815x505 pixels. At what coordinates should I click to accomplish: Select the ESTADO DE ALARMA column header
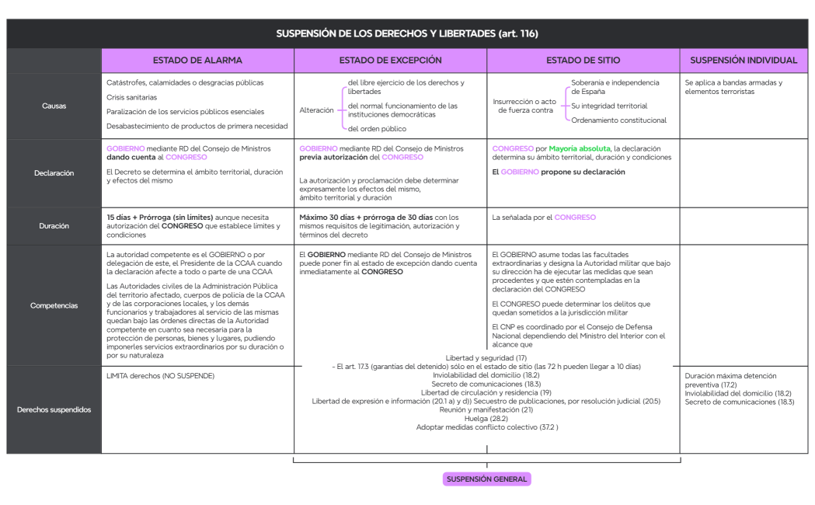[197, 60]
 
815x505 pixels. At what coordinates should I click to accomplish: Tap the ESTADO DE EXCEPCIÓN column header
[390, 60]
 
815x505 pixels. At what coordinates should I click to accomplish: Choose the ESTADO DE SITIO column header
[583, 60]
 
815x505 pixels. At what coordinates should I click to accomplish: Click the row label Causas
[54, 106]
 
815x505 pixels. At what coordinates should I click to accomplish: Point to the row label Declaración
[54, 173]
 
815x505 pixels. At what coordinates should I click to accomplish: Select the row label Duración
[54, 226]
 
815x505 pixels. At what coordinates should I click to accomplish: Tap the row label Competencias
[54, 305]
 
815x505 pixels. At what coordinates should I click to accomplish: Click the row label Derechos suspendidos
[54, 409]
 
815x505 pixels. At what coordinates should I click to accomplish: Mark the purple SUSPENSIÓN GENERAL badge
[487, 479]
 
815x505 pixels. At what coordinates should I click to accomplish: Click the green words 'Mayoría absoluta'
[580, 148]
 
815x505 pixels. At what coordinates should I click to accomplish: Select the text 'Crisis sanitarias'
[131, 97]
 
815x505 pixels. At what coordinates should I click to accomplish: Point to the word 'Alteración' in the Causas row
[316, 110]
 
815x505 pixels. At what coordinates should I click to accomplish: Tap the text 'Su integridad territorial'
[609, 106]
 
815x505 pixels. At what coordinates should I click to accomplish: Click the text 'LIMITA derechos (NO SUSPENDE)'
[160, 376]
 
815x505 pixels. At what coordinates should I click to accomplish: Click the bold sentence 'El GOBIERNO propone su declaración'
[559, 172]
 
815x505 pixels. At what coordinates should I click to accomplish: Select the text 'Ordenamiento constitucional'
[618, 120]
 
